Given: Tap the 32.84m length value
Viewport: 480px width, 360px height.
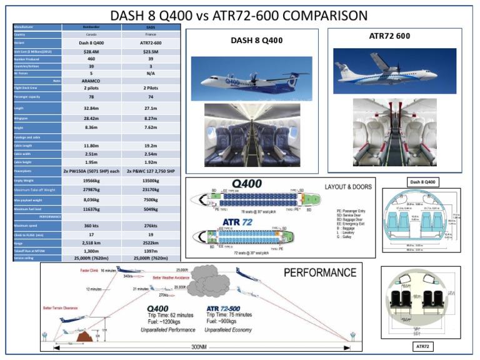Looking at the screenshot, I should pyautogui.click(x=91, y=108).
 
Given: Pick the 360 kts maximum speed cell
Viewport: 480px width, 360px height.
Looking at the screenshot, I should pyautogui.click(x=91, y=226).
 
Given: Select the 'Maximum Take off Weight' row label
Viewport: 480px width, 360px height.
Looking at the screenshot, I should pyautogui.click(x=35, y=189).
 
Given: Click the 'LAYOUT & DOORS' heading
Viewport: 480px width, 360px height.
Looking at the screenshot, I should pyautogui.click(x=348, y=186).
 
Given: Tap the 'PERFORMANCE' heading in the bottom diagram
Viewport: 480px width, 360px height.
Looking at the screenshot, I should pyautogui.click(x=320, y=272).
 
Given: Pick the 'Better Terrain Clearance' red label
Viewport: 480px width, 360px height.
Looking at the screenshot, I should pyautogui.click(x=61, y=307).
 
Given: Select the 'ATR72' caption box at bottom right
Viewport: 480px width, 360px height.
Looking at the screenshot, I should pyautogui.click(x=422, y=346).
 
